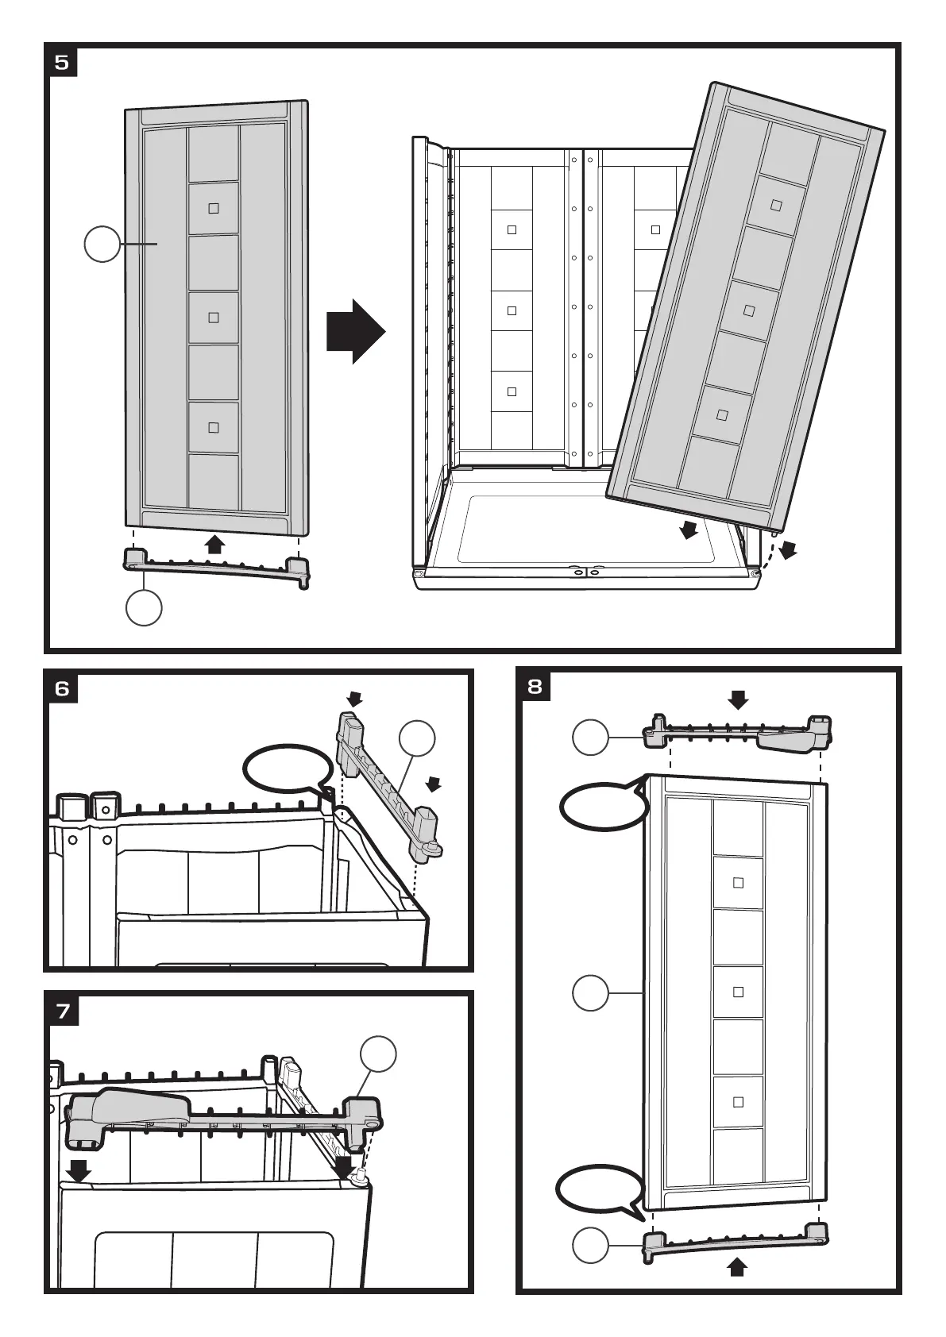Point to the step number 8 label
pyautogui.click(x=535, y=685)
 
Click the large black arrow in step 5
pyautogui.click(x=355, y=332)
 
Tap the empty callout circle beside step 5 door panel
pyautogui.click(x=102, y=245)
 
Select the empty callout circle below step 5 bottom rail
pyautogui.click(x=144, y=608)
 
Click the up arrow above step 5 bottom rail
pyautogui.click(x=213, y=544)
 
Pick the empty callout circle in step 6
pyautogui.click(x=417, y=739)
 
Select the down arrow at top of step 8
pyautogui.click(x=739, y=699)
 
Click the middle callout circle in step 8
pyautogui.click(x=591, y=992)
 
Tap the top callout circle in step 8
pyautogui.click(x=591, y=738)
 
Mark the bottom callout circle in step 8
pyautogui.click(x=591, y=1246)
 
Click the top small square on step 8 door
pyautogui.click(x=738, y=881)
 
